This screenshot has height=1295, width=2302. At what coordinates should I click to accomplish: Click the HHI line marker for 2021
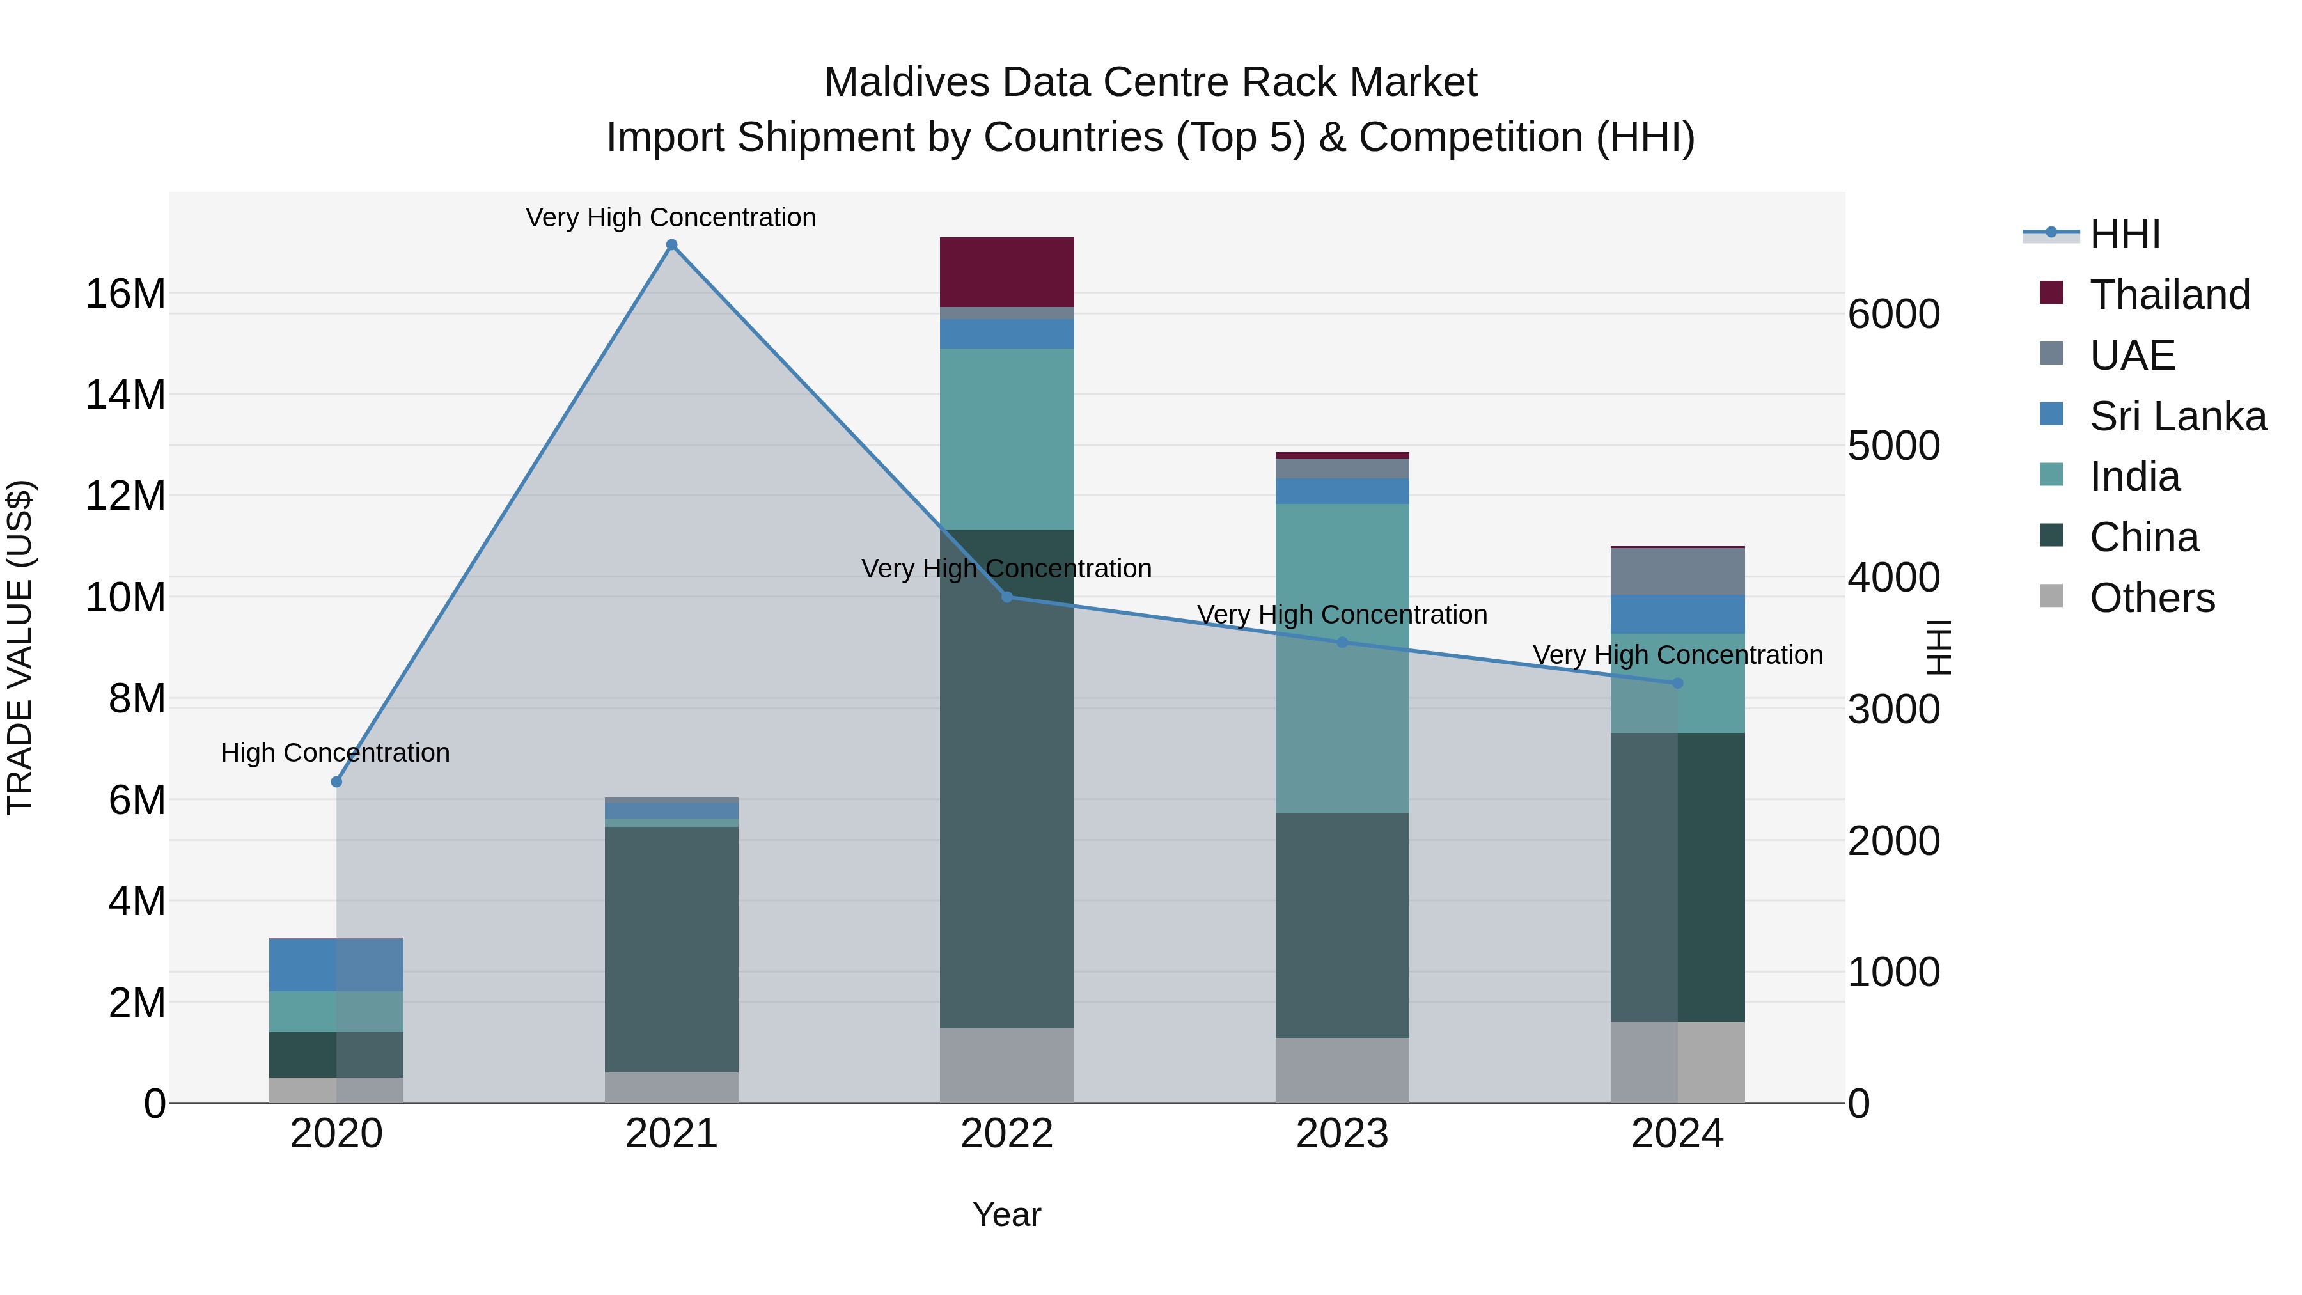[672, 245]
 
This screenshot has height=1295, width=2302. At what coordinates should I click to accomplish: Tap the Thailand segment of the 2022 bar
[1006, 272]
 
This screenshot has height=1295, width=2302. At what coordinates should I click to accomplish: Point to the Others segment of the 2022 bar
[1006, 1065]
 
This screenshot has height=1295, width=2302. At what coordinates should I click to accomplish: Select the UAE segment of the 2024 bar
[1677, 571]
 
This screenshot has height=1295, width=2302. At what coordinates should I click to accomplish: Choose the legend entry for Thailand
[2169, 295]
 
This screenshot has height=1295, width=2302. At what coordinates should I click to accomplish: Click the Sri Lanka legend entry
[2177, 416]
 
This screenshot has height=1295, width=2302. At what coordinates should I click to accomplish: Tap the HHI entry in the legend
[2124, 234]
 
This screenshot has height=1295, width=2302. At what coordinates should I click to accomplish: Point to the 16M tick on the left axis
[125, 294]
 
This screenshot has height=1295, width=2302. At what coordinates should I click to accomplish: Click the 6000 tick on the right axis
[1893, 315]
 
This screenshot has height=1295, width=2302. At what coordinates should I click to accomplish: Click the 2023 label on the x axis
[1342, 1134]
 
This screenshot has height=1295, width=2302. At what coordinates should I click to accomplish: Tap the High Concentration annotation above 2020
[335, 753]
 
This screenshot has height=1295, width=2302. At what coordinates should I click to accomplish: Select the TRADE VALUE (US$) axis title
[20, 647]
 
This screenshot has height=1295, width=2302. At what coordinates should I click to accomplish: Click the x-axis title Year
[1006, 1214]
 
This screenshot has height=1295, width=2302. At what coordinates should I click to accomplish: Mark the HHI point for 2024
[1677, 683]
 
